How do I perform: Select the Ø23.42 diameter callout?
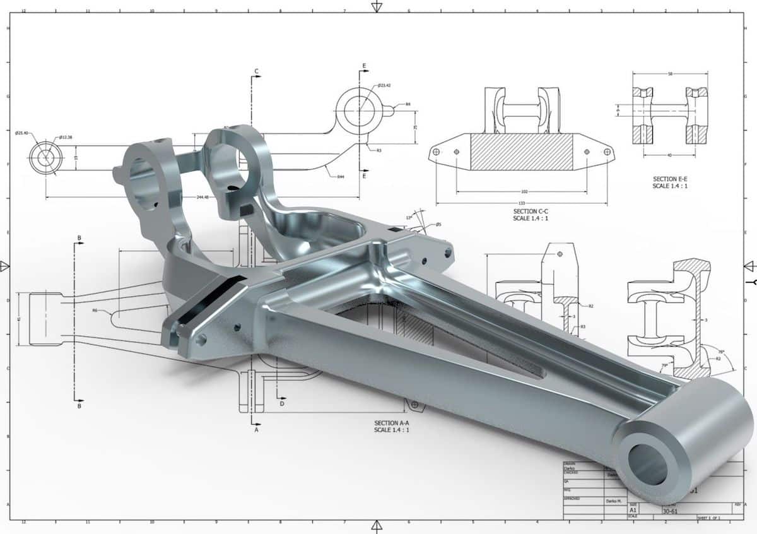pyautogui.click(x=385, y=85)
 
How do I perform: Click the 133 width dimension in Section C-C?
pyautogui.click(x=522, y=203)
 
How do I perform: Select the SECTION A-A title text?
pyautogui.click(x=391, y=423)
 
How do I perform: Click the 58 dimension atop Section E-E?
pyautogui.click(x=669, y=74)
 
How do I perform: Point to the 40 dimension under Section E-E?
pyautogui.click(x=669, y=155)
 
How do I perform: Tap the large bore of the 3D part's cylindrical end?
pyautogui.click(x=649, y=465)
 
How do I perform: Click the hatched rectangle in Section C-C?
pyautogui.click(x=522, y=152)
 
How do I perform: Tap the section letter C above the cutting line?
pyautogui.click(x=256, y=71)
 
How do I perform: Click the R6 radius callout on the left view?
pyautogui.click(x=95, y=311)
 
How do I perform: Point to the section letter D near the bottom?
pyautogui.click(x=282, y=403)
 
